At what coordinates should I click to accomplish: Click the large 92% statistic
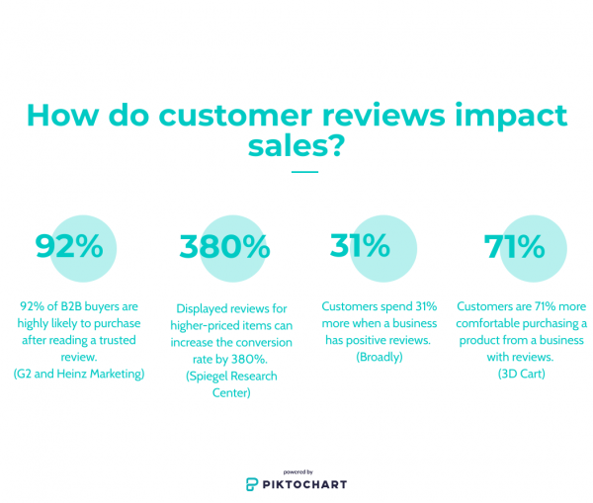(x=69, y=246)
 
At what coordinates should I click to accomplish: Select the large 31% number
(x=360, y=245)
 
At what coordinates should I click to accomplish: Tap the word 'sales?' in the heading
(x=296, y=145)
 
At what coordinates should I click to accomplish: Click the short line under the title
(x=304, y=172)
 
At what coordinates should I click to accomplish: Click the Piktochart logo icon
(x=253, y=484)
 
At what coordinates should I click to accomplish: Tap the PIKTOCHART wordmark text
(x=304, y=484)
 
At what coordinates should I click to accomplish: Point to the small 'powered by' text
(x=297, y=471)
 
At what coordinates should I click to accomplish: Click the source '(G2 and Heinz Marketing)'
(x=79, y=374)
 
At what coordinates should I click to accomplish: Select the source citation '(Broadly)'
(x=380, y=357)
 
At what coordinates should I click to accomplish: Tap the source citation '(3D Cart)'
(x=521, y=374)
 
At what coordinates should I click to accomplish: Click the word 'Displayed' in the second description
(x=206, y=308)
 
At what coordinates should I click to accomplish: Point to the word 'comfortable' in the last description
(x=499, y=323)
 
